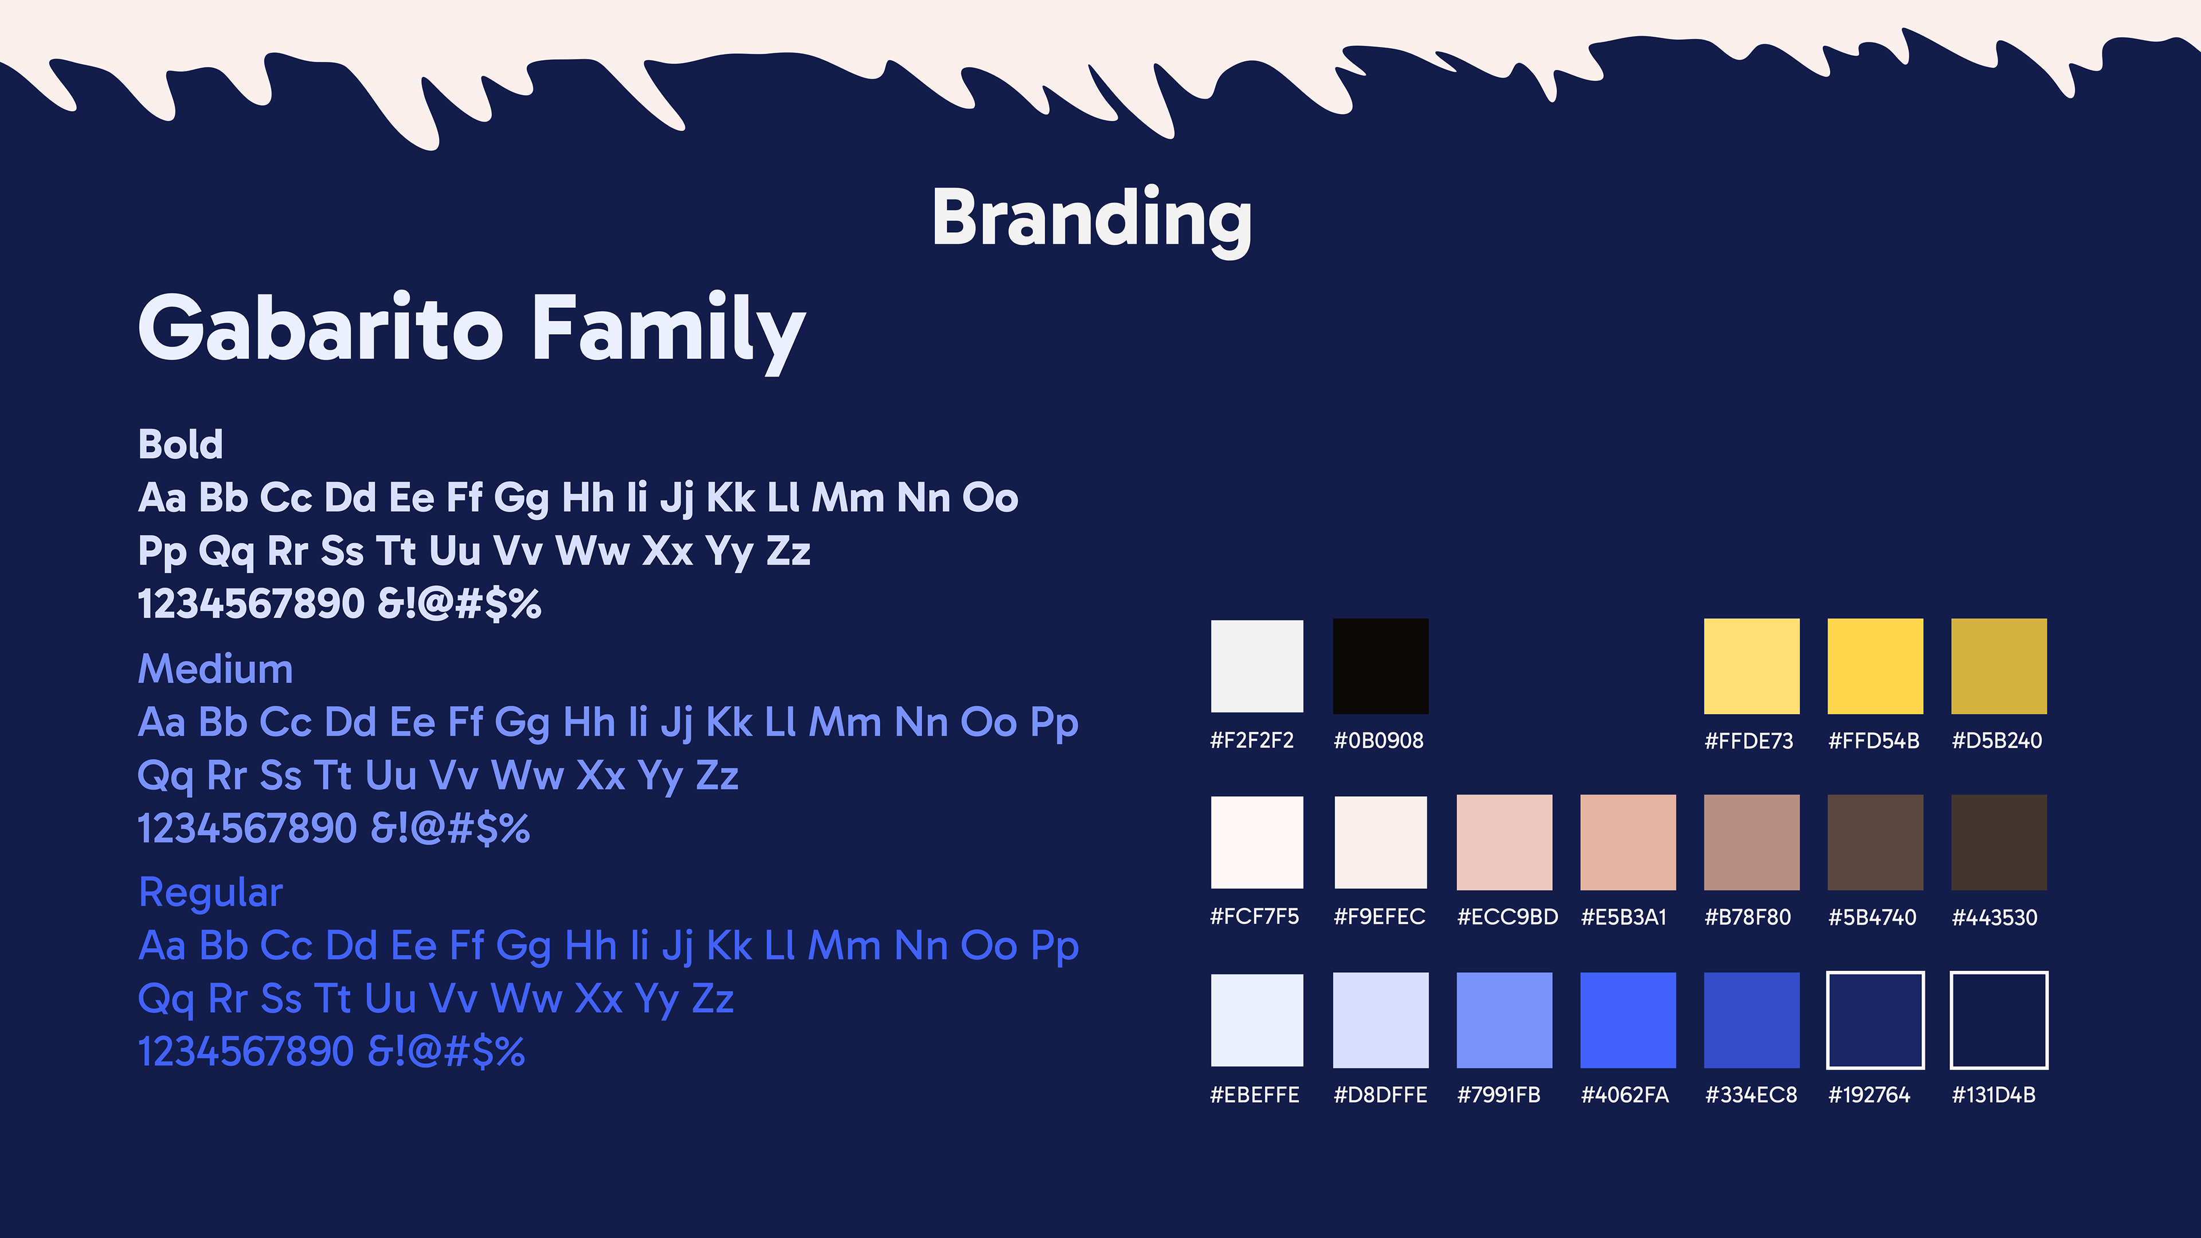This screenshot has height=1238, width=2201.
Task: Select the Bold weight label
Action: click(181, 444)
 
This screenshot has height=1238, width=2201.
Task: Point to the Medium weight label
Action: click(216, 668)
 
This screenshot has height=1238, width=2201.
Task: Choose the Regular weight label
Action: click(210, 893)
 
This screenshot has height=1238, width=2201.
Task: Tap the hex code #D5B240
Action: click(1997, 741)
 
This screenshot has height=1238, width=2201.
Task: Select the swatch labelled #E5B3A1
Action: click(1628, 843)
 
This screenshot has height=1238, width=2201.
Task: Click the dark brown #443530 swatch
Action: click(1999, 843)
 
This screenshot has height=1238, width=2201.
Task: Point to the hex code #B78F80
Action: click(1747, 918)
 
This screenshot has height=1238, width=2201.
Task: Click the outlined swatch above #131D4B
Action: click(1999, 973)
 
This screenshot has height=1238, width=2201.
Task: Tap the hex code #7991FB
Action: click(1499, 1095)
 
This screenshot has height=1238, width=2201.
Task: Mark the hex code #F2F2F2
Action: click(1252, 741)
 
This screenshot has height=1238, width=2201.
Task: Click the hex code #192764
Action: click(1869, 1095)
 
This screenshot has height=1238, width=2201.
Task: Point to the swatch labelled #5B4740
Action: click(1875, 843)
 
